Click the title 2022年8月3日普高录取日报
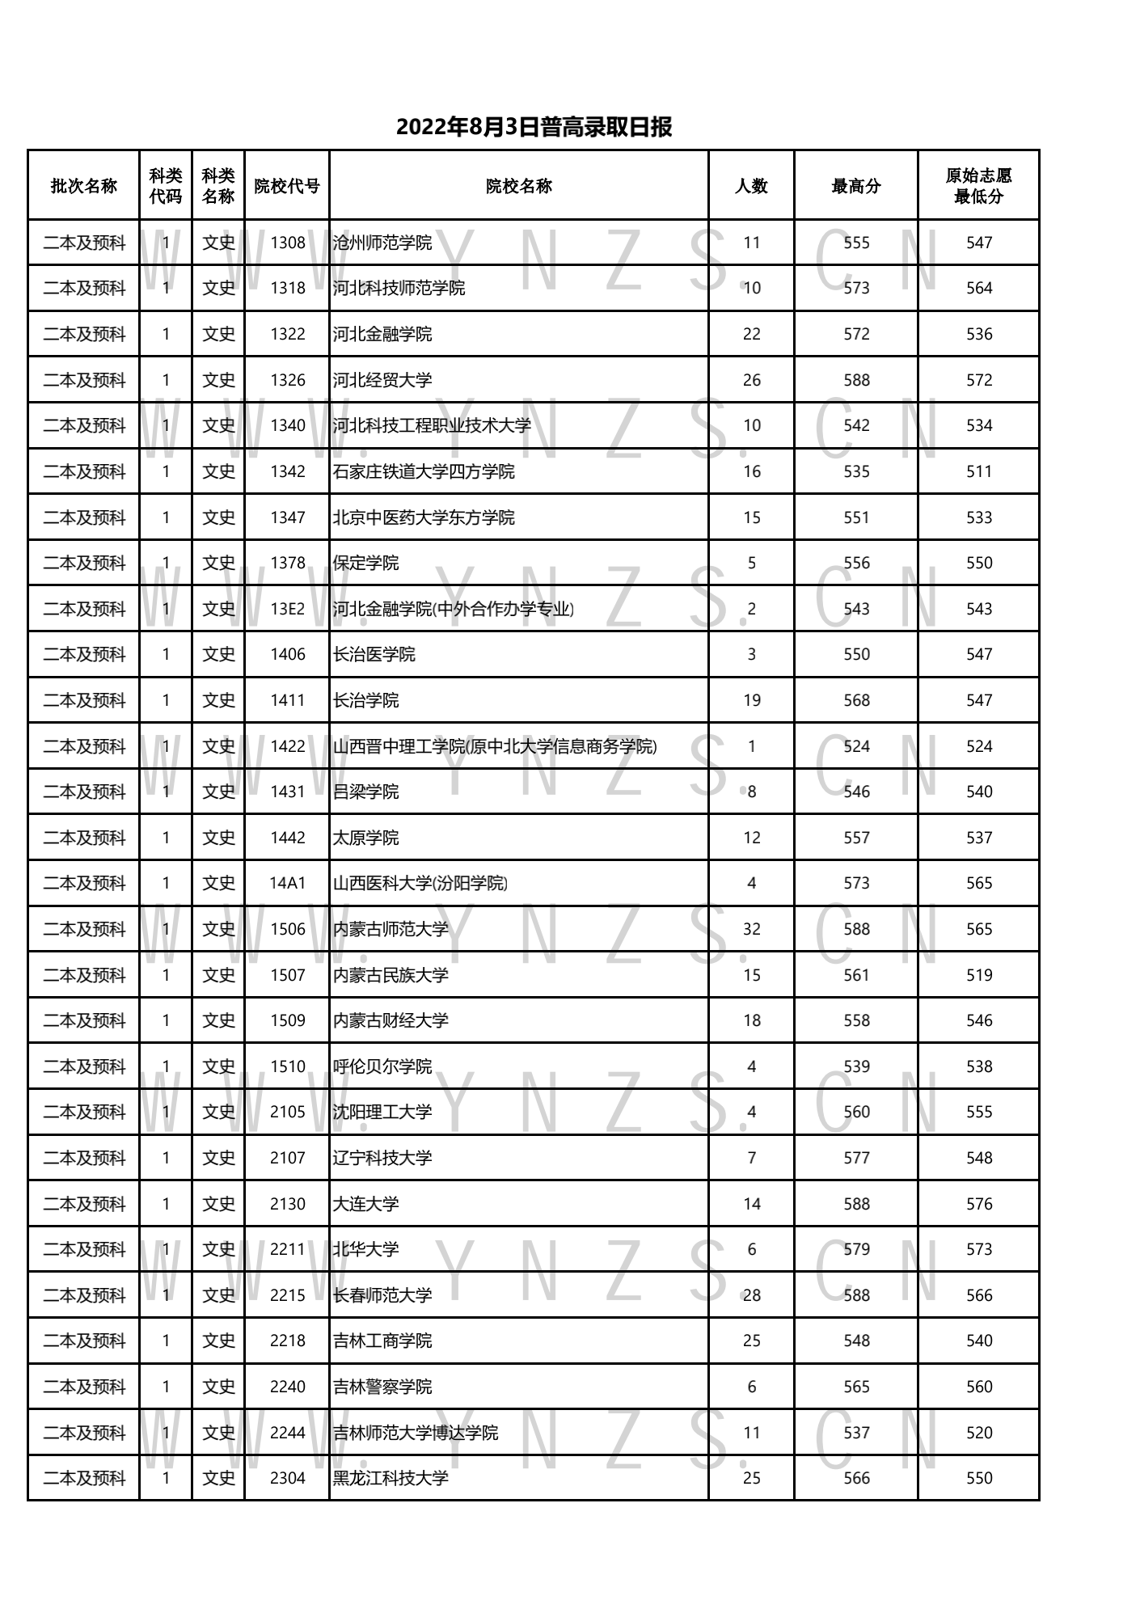(534, 127)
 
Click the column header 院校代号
(287, 186)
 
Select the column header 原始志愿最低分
(978, 186)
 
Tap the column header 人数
(751, 186)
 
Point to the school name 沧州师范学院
(382, 243)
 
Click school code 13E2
(288, 609)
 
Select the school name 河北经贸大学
(382, 380)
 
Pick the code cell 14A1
(288, 883)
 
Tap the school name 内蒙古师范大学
(391, 929)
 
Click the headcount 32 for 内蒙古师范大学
(752, 929)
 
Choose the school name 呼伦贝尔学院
(382, 1066)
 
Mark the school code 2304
(288, 1478)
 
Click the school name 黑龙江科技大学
(391, 1478)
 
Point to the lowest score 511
(979, 471)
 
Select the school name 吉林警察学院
(382, 1387)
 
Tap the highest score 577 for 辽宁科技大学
(856, 1158)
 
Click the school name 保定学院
(365, 563)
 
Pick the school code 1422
(288, 746)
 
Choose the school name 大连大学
(365, 1204)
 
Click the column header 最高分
(856, 186)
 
